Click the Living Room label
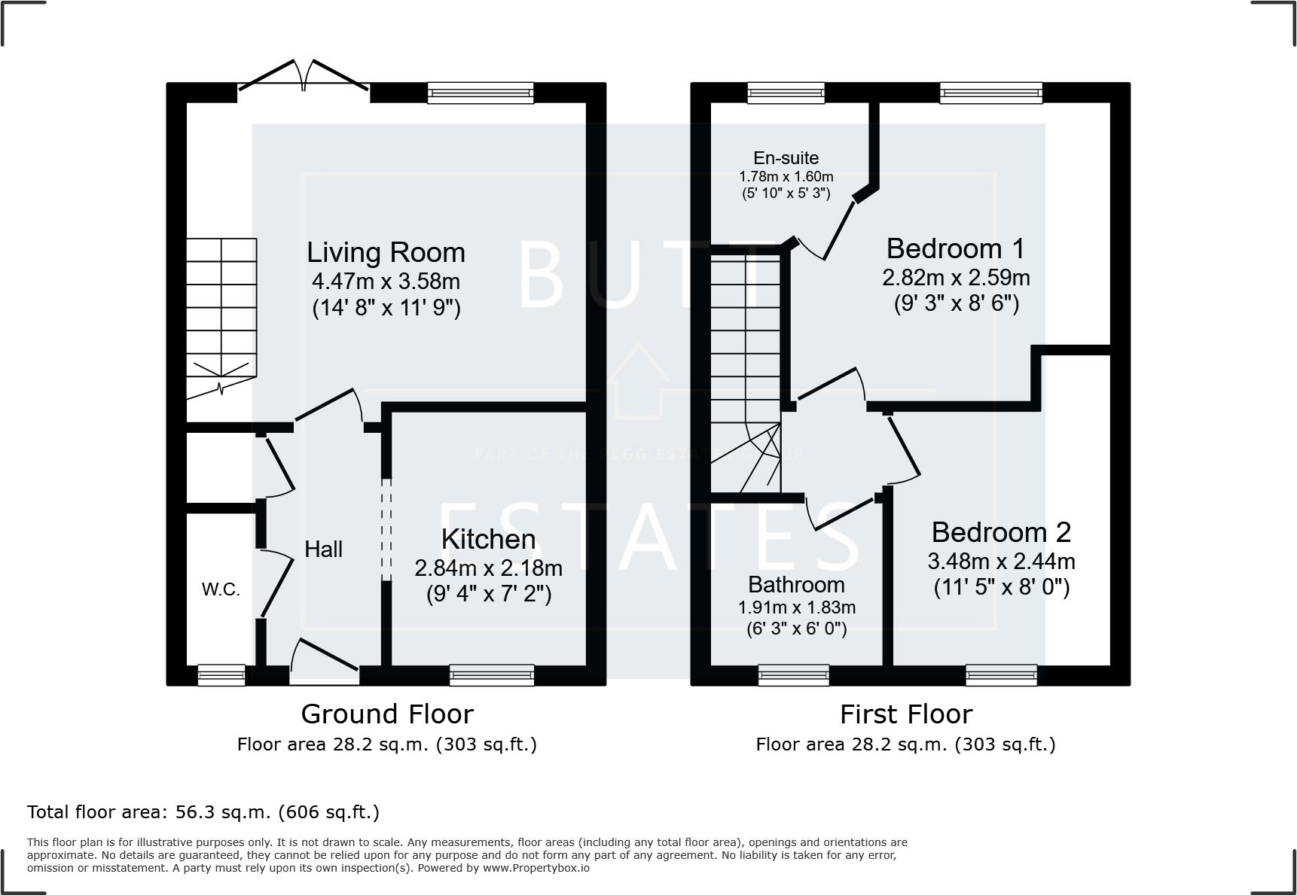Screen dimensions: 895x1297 pos(386,252)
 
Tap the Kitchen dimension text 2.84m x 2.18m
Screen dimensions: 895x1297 pos(488,568)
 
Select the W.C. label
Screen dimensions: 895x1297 pos(221,590)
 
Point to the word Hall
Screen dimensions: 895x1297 pos(323,549)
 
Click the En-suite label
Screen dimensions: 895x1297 pos(786,158)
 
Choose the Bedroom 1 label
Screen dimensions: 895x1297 pos(955,248)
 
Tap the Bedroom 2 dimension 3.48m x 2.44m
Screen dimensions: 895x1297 pos(1001,562)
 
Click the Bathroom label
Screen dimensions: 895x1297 pos(796,585)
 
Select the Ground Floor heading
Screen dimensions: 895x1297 pos(387,714)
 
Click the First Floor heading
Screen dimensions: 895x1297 pos(906,714)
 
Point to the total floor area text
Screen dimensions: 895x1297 pos(203,812)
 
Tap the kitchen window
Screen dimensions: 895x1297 pos(491,675)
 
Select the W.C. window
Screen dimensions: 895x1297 pos(221,675)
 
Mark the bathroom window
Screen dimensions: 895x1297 pos(794,675)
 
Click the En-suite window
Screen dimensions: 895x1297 pos(786,93)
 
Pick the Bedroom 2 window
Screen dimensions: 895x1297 pos(1001,675)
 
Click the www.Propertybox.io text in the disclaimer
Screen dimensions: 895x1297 pos(536,868)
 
